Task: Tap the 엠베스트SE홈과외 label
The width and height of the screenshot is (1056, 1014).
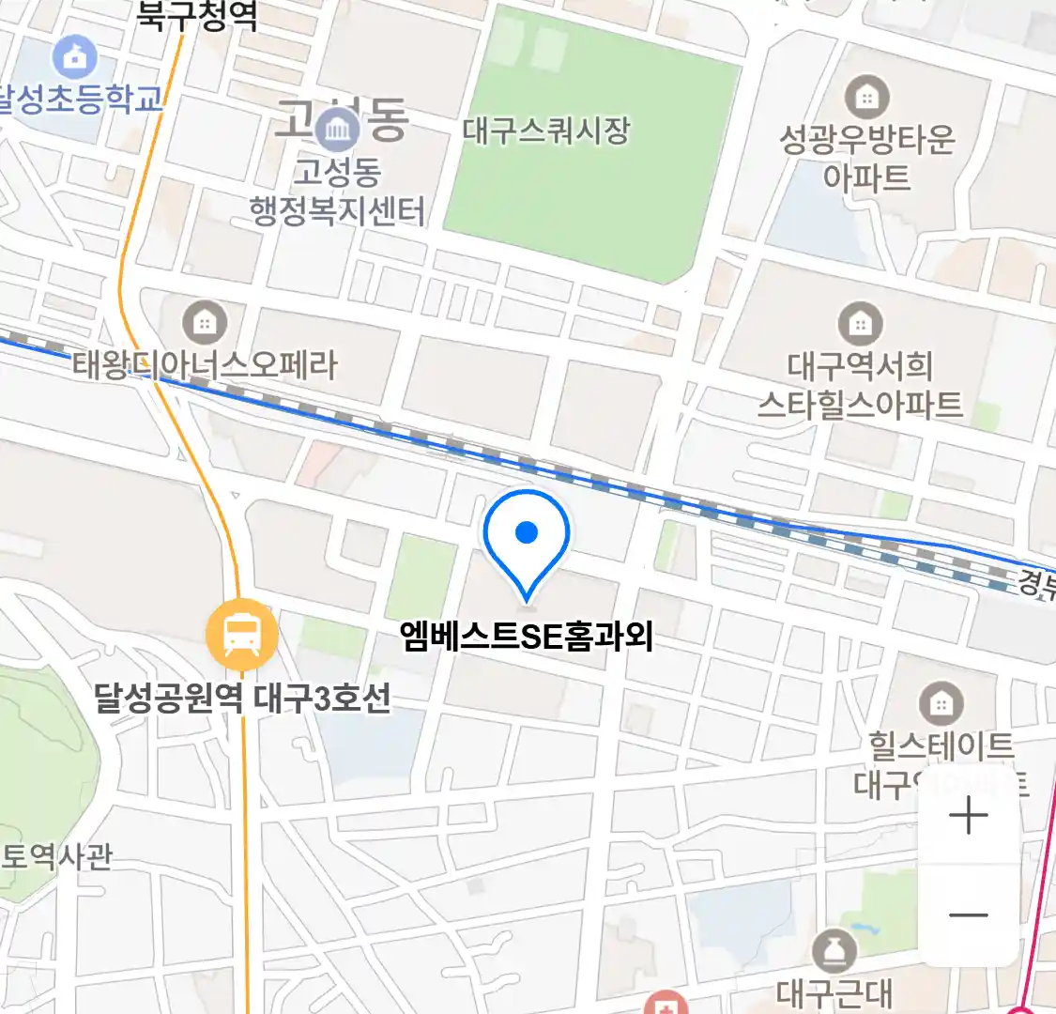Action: (x=526, y=638)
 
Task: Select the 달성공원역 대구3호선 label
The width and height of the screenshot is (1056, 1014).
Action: (x=242, y=699)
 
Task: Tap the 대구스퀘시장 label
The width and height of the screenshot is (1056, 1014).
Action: (x=545, y=131)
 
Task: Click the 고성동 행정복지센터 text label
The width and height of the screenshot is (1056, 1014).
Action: (x=337, y=192)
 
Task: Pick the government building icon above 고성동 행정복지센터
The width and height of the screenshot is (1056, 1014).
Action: (x=337, y=130)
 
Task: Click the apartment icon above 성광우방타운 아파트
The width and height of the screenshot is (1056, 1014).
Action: (x=866, y=97)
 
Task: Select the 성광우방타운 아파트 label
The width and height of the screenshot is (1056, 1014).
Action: (x=866, y=158)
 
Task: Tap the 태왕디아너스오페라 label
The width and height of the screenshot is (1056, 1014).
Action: (x=205, y=365)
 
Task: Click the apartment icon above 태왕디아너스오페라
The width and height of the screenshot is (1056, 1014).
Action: (x=204, y=324)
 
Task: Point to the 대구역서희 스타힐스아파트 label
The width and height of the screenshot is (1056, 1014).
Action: (x=860, y=384)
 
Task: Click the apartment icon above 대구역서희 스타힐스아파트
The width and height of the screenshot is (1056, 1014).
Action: (x=859, y=325)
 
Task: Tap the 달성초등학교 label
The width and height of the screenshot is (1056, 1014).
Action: (x=81, y=100)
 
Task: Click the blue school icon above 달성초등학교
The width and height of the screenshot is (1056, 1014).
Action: (x=74, y=59)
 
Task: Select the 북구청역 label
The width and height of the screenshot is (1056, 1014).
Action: (x=197, y=16)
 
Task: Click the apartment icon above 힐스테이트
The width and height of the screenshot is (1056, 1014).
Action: (x=940, y=703)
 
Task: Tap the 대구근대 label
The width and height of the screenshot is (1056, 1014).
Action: (x=834, y=992)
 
